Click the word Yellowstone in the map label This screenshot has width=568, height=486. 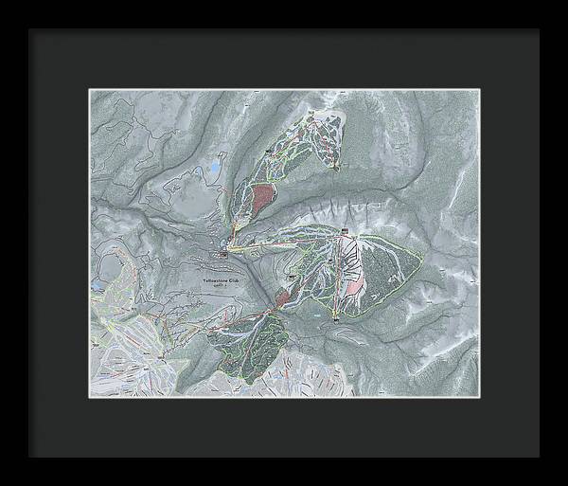click(217, 280)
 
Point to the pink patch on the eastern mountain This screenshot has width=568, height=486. click(355, 283)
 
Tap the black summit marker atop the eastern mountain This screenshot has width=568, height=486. click(346, 232)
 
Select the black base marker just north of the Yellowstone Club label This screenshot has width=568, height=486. click(224, 253)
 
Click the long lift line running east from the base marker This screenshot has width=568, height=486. click(275, 245)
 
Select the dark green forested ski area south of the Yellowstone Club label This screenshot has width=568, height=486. click(251, 346)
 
